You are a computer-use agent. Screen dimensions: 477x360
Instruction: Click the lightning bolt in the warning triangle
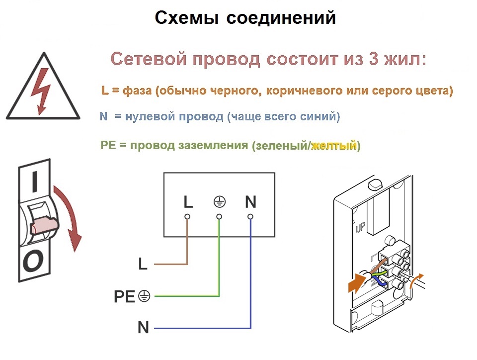pos(41,91)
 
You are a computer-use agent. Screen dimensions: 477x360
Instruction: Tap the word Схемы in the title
pos(187,17)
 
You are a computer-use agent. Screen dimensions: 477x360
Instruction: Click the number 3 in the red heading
pos(374,59)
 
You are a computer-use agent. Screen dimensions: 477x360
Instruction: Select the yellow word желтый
pos(334,146)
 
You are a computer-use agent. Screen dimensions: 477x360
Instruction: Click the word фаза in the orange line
pos(137,90)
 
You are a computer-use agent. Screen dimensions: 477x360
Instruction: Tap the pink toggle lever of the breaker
pos(44,225)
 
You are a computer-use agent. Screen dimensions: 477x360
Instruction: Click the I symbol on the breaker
pos(35,181)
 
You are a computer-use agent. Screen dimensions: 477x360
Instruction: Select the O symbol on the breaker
pos(33,261)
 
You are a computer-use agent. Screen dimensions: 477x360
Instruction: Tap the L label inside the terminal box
pos(188,202)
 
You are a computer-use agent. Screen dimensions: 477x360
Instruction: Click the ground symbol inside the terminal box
pos(219,202)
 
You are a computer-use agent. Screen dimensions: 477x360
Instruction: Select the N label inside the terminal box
pos(250,202)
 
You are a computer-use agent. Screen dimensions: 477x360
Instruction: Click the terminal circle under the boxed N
pos(250,217)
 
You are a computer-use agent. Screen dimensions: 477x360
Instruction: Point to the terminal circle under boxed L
pos(187,217)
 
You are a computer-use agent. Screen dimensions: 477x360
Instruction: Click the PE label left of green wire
pos(124,296)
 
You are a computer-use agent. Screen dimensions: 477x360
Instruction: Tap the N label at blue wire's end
pos(143,328)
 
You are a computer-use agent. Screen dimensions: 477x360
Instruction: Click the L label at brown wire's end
pos(143,264)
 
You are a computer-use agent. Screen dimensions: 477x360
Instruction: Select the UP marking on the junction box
pos(361,227)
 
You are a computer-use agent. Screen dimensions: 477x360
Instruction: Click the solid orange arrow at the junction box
pos(357,282)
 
